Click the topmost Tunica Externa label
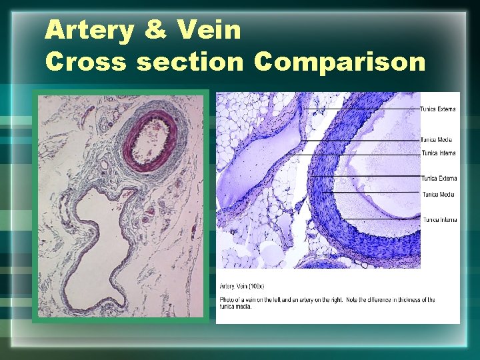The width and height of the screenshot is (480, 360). coord(438,109)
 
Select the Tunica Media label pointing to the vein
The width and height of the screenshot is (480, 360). coord(437,140)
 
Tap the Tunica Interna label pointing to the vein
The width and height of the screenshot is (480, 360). coord(438,153)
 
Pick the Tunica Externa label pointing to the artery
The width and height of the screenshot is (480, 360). coord(438,178)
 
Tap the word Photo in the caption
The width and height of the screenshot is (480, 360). coord(227,299)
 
